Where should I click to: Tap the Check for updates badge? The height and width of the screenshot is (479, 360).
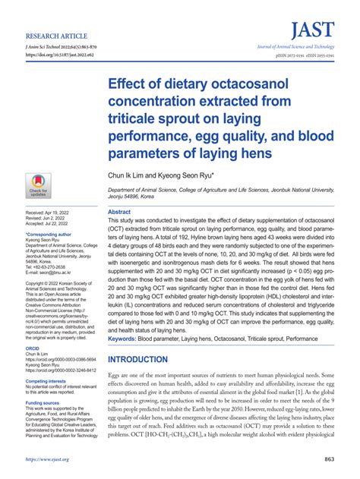point(37,185)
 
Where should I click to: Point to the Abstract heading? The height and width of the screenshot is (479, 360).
point(119,212)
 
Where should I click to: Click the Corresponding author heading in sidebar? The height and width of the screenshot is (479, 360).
point(52,235)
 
